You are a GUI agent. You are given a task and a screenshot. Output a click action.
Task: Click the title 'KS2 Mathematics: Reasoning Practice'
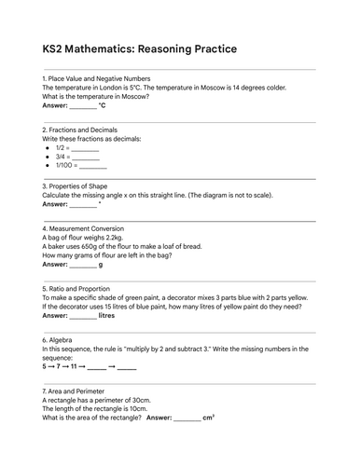(x=139, y=48)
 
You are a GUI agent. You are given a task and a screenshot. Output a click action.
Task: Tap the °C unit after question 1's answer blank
(x=103, y=106)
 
